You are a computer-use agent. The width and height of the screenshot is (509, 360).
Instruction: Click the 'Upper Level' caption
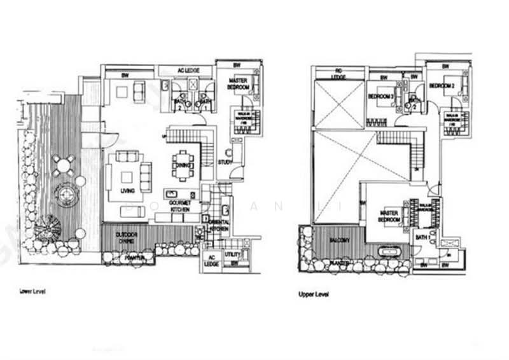pos(312,294)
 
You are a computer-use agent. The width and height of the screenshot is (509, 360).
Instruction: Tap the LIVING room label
pos(128,190)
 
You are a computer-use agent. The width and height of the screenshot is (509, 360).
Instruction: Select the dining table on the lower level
pos(183,165)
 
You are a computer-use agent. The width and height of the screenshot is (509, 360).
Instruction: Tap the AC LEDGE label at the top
pos(185,70)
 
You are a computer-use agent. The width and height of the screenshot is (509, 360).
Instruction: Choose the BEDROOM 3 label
pos(379,97)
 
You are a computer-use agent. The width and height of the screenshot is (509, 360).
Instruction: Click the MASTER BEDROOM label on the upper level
pos(389,216)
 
